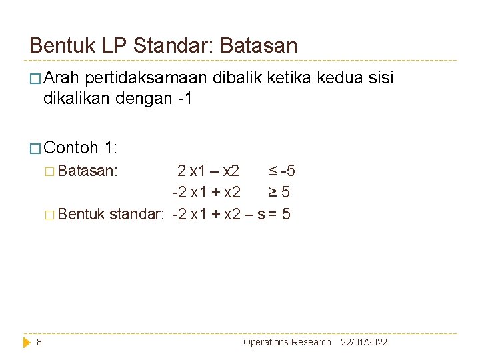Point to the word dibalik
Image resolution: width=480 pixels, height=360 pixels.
point(237,79)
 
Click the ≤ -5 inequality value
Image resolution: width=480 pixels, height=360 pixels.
point(282,171)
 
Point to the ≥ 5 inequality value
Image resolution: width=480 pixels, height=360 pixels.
point(279,193)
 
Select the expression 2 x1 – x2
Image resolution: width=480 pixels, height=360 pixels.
point(209,171)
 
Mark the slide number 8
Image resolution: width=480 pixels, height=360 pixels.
point(39,342)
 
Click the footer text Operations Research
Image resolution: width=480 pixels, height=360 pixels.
point(287,342)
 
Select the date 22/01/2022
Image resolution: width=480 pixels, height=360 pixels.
point(364,342)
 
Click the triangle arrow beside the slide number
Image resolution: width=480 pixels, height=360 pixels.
point(27,342)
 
